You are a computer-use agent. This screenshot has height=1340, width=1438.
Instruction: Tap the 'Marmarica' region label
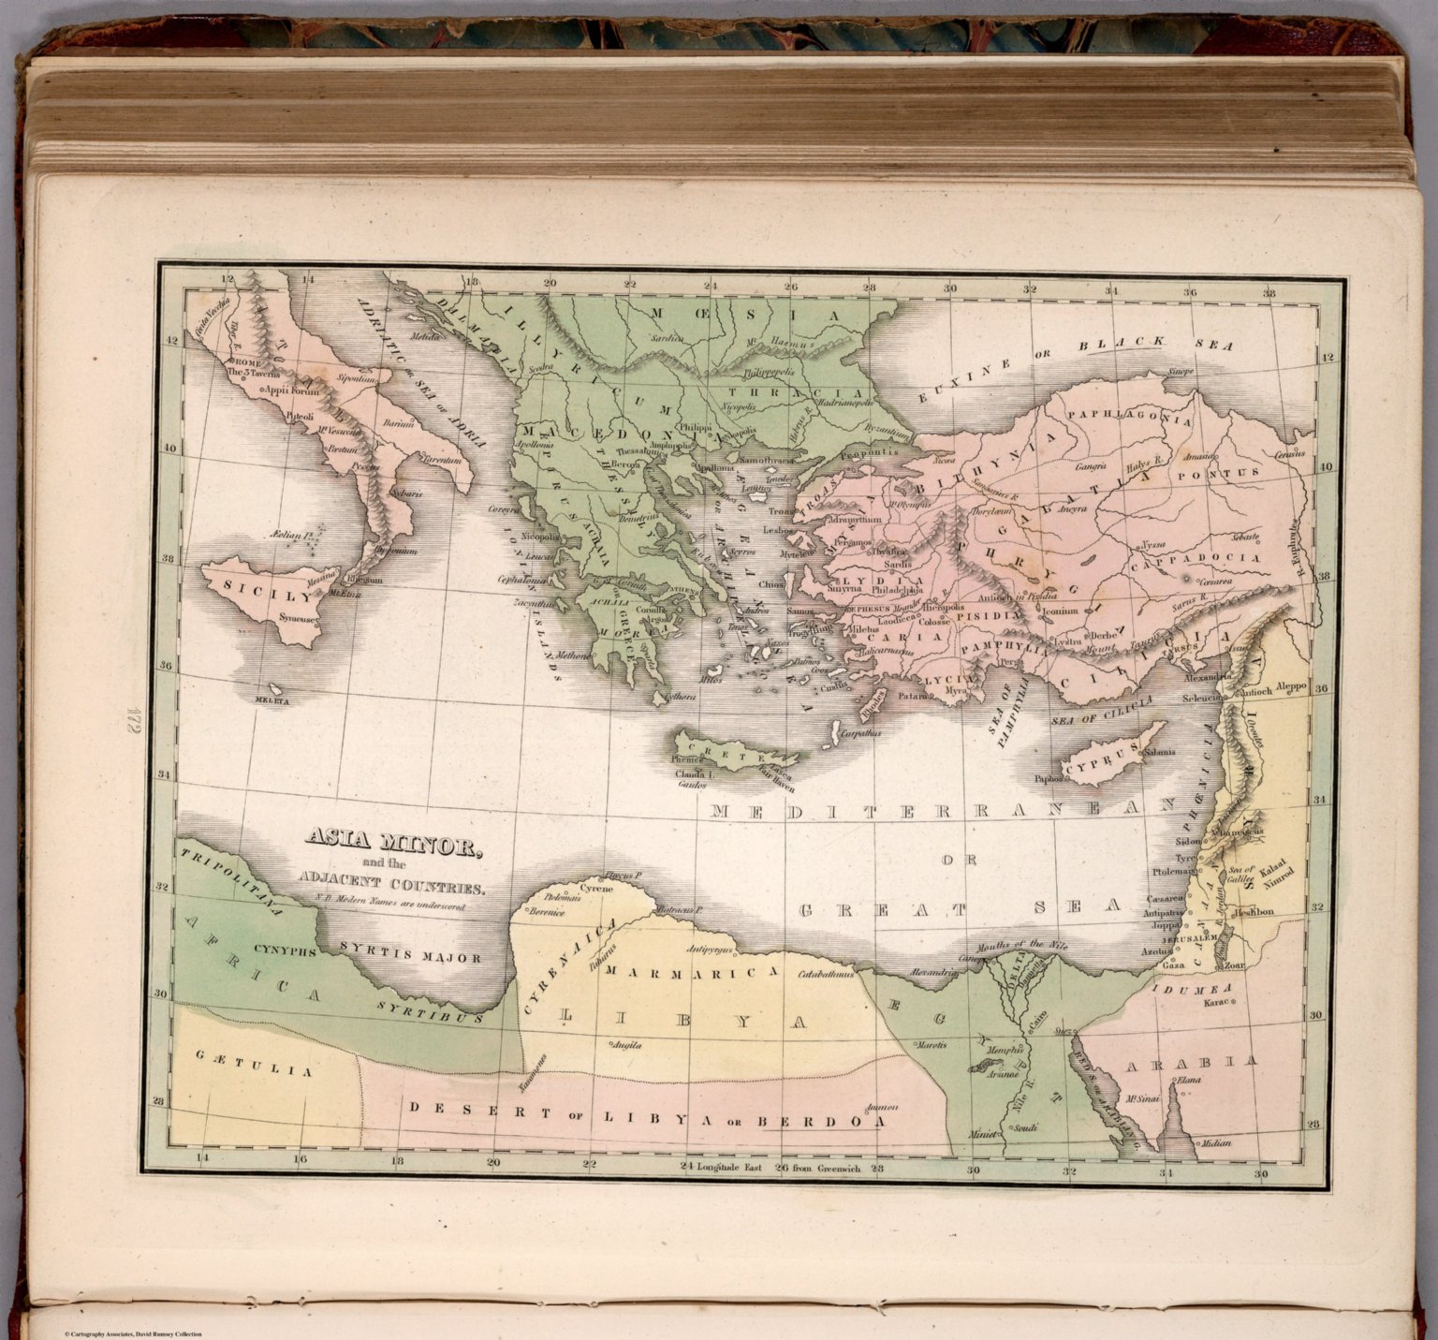point(692,972)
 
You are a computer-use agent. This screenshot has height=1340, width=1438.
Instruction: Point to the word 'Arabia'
point(1191,1064)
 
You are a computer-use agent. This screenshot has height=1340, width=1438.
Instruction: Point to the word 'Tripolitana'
point(228,885)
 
